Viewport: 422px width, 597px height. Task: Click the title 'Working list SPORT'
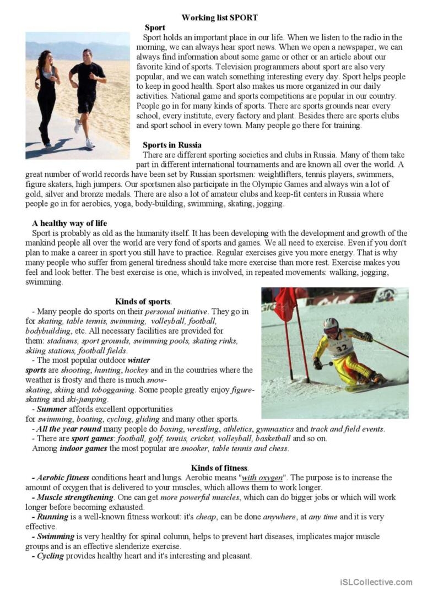click(x=219, y=18)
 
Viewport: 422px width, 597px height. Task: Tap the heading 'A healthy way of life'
click(x=69, y=224)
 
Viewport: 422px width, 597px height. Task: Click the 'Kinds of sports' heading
click(x=143, y=301)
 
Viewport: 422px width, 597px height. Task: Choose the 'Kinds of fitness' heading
click(x=219, y=468)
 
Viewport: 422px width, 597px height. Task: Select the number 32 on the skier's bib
click(x=342, y=348)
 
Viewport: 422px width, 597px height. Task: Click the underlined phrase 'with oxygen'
click(x=262, y=477)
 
